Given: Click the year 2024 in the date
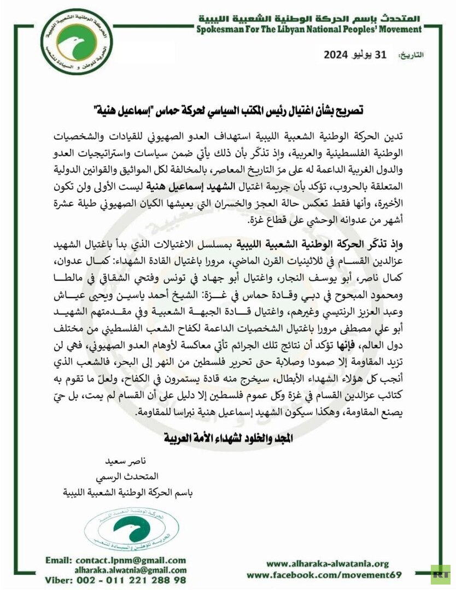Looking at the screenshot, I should (x=337, y=55).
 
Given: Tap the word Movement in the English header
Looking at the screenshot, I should (x=398, y=29).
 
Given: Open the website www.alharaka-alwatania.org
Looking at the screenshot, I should (x=328, y=564).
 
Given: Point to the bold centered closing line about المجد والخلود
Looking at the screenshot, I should (x=228, y=438).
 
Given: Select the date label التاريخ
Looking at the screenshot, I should (x=410, y=56).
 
